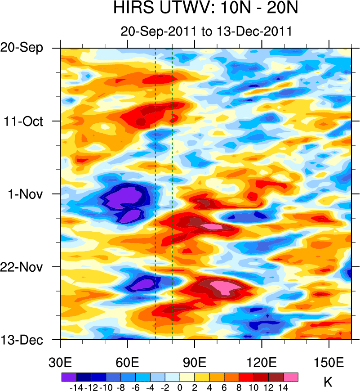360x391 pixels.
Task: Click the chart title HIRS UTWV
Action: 206,9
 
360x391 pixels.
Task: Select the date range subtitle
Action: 206,31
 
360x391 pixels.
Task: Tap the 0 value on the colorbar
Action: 180,387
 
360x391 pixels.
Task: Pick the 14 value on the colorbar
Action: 284,387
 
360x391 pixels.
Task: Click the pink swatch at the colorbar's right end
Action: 291,377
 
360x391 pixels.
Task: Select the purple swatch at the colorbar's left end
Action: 68,377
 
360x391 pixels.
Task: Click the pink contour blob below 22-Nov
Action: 223,286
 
